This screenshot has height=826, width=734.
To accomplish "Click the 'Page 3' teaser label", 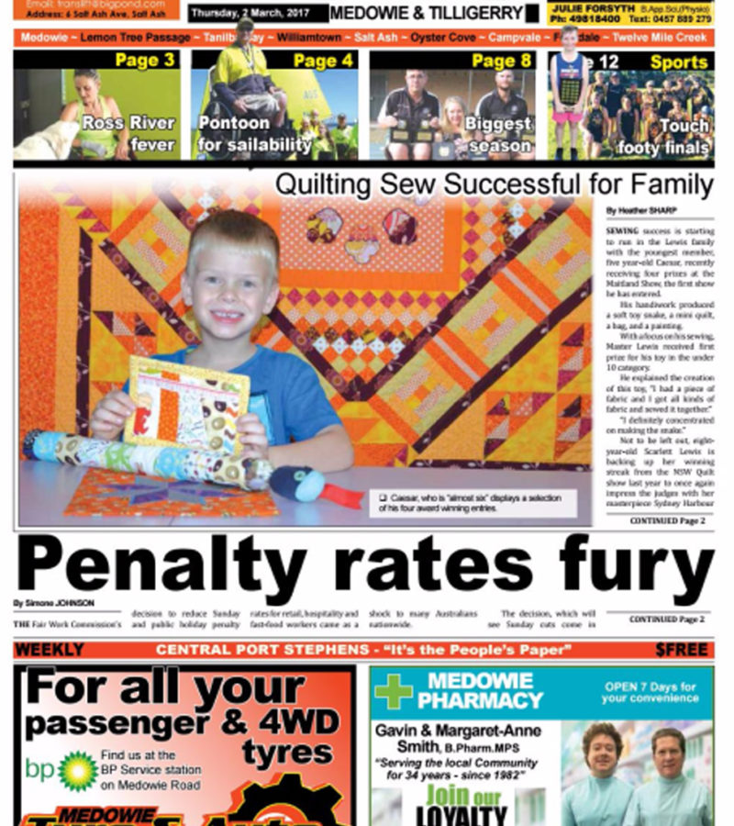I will (144, 61).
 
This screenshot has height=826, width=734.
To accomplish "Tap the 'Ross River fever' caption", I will (128, 132).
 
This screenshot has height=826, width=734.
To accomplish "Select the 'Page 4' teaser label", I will (322, 61).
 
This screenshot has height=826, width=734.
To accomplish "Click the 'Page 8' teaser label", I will (501, 61).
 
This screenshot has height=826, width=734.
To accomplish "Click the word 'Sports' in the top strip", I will (679, 62).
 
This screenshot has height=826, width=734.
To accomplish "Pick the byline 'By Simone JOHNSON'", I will (54, 603).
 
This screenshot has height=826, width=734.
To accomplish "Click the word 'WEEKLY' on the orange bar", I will (50, 650).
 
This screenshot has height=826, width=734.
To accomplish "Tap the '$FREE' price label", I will (681, 650).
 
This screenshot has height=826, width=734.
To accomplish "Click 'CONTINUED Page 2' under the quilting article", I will (666, 521).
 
